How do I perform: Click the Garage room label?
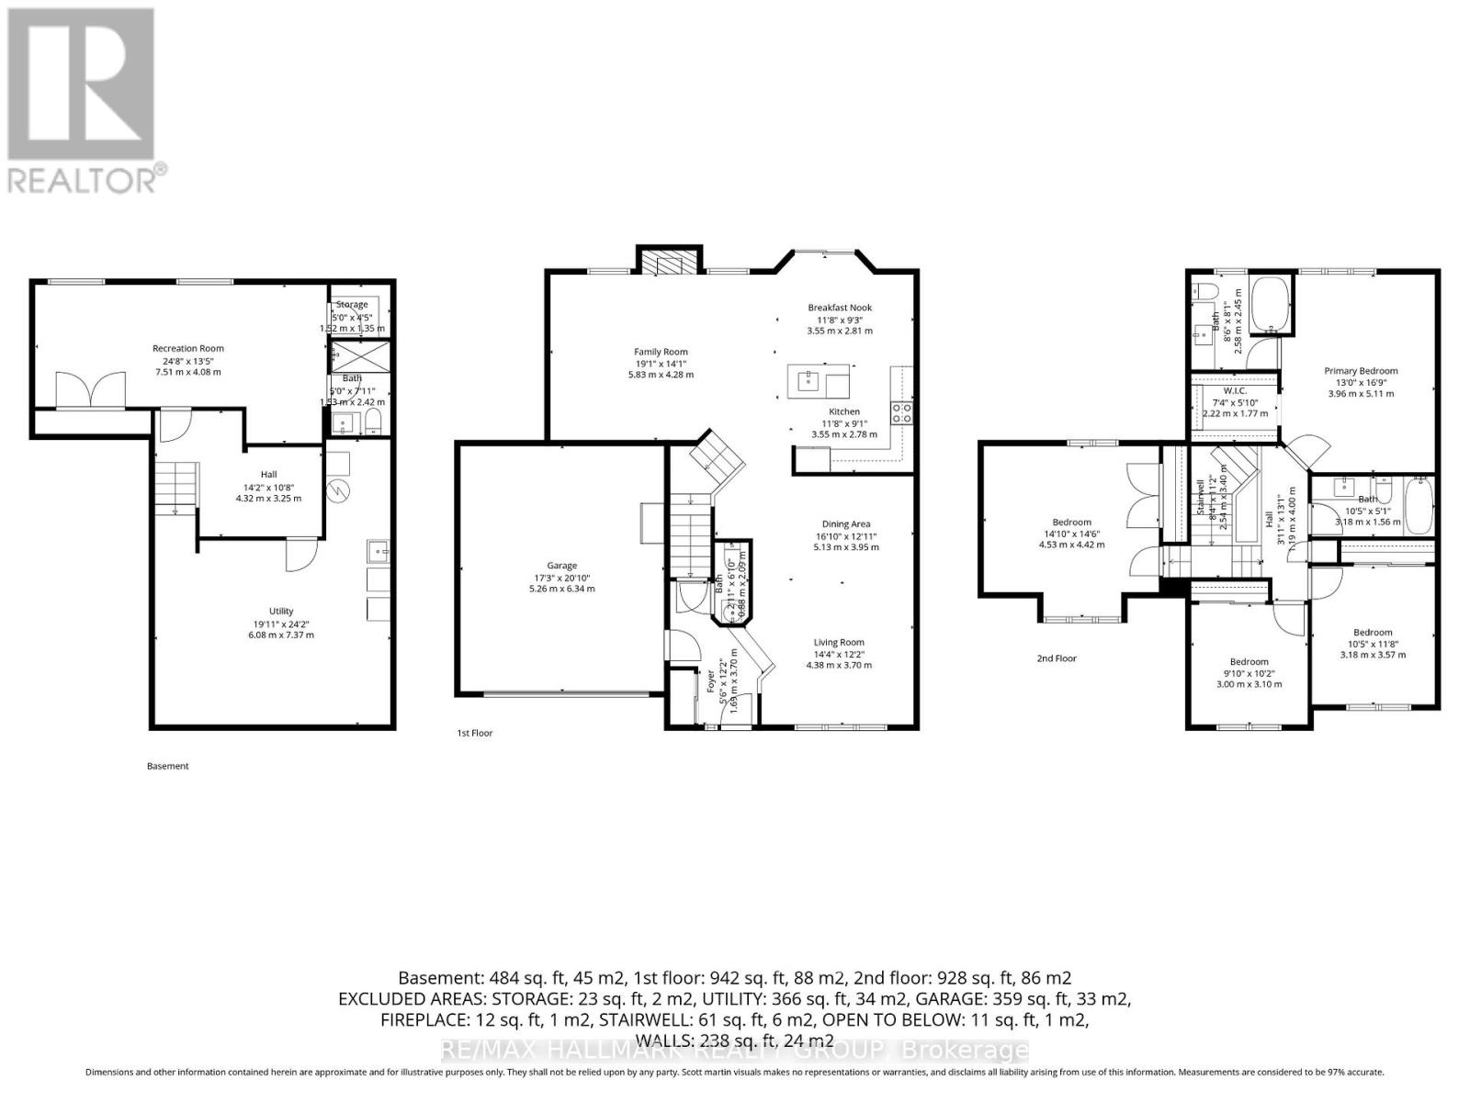click(x=561, y=566)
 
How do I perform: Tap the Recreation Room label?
click(x=187, y=349)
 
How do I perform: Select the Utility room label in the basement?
click(x=281, y=612)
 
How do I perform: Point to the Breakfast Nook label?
click(x=840, y=308)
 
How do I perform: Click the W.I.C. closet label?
click(x=1235, y=391)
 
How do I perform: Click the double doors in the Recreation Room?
click(x=90, y=390)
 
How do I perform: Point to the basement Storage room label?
click(x=352, y=305)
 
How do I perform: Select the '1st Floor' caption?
click(x=475, y=733)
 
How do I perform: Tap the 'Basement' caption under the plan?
click(x=168, y=766)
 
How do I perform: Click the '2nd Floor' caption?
click(x=1057, y=658)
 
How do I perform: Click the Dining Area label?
click(x=845, y=524)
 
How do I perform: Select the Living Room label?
click(x=839, y=643)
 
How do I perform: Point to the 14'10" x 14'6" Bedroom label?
click(x=1072, y=523)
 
